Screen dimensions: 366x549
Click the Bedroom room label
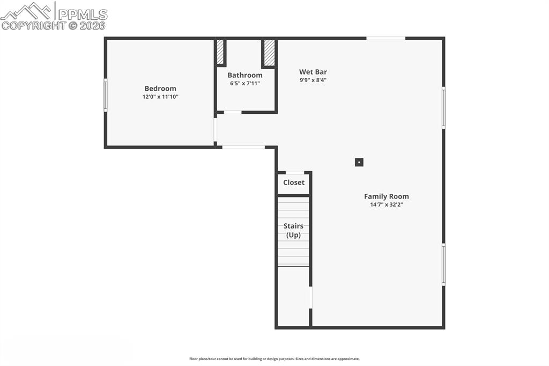point(160,89)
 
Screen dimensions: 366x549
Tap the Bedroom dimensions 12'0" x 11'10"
point(160,97)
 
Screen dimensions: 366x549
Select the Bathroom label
point(245,75)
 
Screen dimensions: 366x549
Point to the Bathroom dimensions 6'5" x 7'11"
point(245,83)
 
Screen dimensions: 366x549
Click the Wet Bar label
point(313,72)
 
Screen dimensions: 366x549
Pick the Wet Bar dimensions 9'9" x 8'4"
point(313,80)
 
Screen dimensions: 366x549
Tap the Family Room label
point(386,196)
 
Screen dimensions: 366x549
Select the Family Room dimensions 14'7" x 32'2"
point(386,204)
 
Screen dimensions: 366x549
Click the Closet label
point(294,182)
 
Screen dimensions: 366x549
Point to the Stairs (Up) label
point(293,231)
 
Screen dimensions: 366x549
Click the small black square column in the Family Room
point(359,162)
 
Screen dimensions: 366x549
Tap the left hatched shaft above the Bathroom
point(220,52)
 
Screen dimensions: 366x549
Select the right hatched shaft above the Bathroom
point(269,53)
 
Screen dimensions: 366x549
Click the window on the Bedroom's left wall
point(106,95)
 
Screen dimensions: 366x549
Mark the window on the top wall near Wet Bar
point(385,38)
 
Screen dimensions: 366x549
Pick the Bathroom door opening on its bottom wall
point(233,112)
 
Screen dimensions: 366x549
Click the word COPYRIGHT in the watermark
point(33,25)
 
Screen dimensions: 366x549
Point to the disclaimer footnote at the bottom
point(274,359)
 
